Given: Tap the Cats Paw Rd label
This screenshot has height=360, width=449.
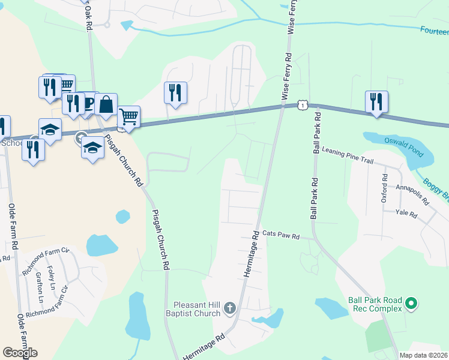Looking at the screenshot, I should (x=281, y=235).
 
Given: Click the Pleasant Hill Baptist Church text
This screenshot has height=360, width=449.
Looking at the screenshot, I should (x=196, y=309).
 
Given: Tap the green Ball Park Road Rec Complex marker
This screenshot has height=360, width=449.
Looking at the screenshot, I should (x=411, y=304).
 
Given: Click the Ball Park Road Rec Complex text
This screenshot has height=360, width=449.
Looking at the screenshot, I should (x=375, y=304).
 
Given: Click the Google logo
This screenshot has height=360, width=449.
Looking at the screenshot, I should (x=20, y=353).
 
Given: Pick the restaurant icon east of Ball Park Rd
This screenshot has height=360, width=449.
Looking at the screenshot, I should (x=376, y=102).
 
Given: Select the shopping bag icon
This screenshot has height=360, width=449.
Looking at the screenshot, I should (x=106, y=104).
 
